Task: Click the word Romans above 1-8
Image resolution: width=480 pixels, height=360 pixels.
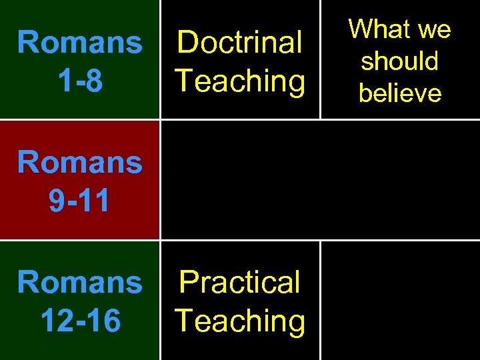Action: (x=79, y=43)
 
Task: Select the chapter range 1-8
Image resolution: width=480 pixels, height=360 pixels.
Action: (x=79, y=81)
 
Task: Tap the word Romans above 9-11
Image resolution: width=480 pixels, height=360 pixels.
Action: (x=79, y=162)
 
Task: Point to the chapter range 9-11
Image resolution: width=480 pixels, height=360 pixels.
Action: (x=79, y=201)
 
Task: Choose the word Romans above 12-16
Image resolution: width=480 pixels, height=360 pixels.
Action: (x=79, y=282)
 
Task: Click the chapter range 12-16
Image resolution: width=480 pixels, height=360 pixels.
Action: (x=79, y=321)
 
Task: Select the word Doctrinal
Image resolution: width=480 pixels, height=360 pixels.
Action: (x=240, y=43)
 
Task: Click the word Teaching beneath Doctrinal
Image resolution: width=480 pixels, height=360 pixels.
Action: (x=240, y=81)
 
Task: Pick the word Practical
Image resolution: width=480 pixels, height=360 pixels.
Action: (x=240, y=282)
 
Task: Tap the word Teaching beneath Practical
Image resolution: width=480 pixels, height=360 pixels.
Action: (x=240, y=321)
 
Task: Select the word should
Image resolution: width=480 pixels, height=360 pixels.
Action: (x=400, y=61)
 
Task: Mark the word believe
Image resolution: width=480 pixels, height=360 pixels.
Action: (x=400, y=93)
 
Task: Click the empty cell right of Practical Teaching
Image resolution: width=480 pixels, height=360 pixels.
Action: (x=400, y=300)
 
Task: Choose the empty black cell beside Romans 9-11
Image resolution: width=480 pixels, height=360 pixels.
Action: (x=320, y=180)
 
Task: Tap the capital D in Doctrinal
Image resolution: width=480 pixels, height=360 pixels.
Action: (x=189, y=43)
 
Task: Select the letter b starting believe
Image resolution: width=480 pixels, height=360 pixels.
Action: (x=365, y=93)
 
